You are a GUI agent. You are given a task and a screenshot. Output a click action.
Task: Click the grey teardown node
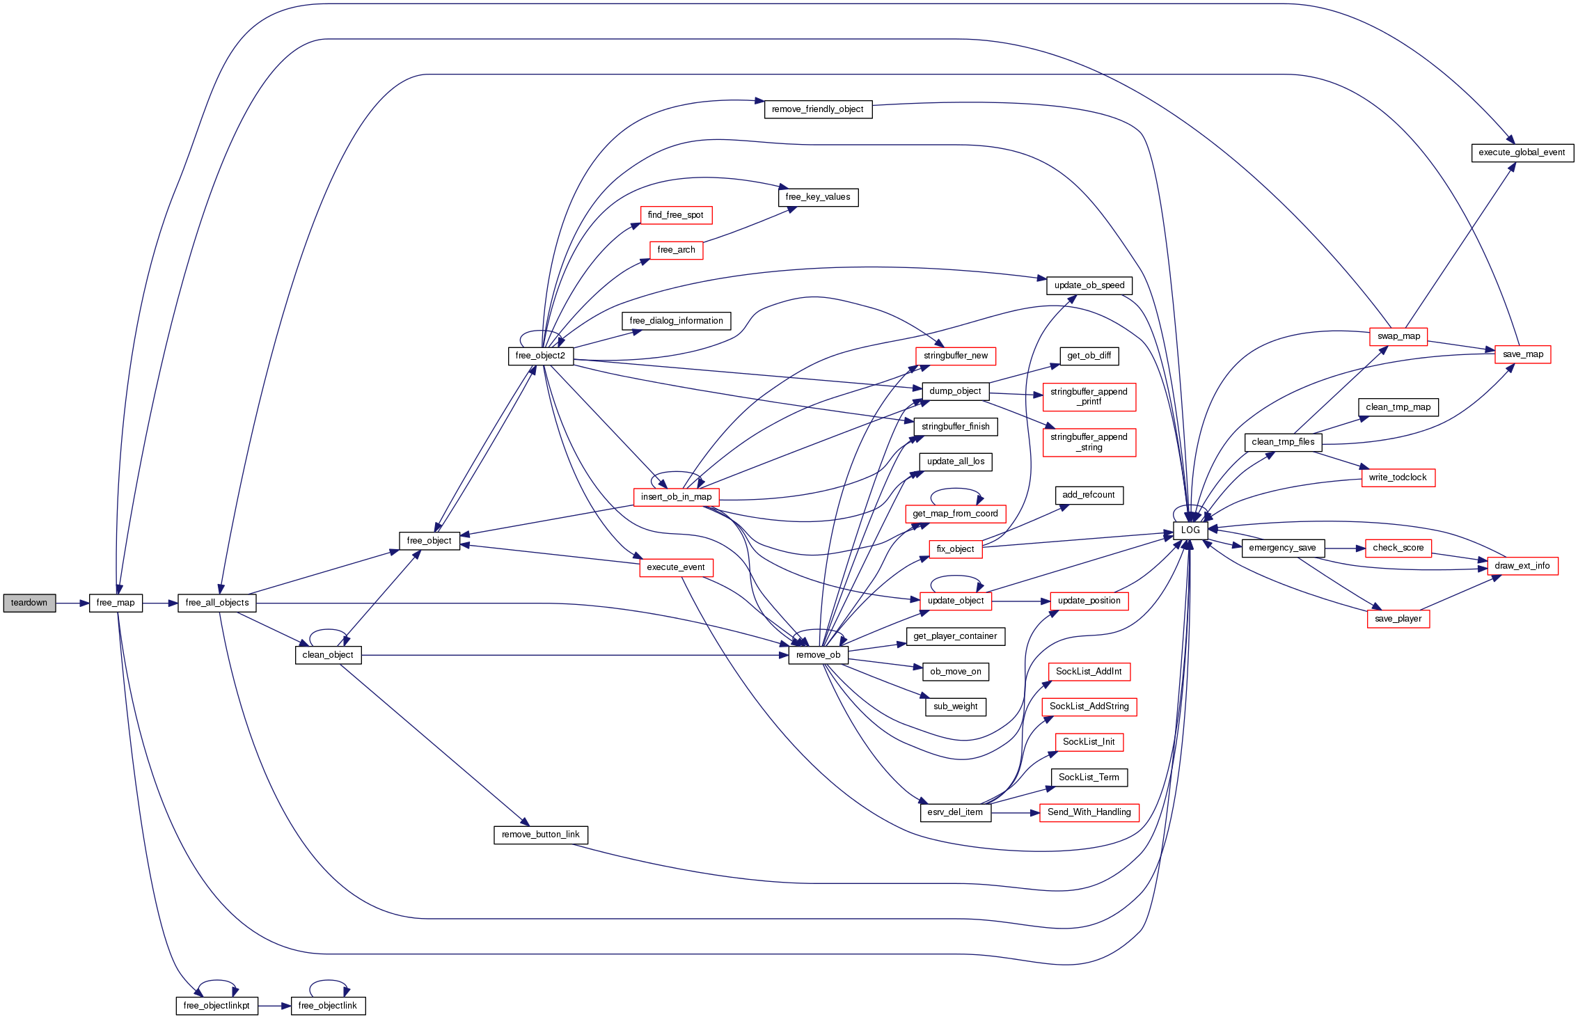(29, 603)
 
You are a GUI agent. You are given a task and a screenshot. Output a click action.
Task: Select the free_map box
(116, 603)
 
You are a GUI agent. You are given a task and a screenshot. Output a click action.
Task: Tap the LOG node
(1190, 530)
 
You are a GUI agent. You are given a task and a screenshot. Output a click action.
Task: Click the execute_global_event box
(1522, 152)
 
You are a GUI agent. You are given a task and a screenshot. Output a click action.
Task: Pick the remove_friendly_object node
(818, 109)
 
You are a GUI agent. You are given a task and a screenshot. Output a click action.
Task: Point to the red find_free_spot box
(675, 215)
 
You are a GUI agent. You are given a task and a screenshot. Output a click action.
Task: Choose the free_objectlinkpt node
(216, 1006)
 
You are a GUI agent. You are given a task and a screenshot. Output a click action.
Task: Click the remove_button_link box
(540, 835)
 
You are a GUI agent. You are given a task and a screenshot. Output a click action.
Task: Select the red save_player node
(1398, 619)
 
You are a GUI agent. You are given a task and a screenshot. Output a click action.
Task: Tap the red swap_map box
(1398, 336)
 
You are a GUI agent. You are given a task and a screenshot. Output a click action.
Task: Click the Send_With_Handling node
(1089, 812)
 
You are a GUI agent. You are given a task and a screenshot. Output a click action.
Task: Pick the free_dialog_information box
(676, 321)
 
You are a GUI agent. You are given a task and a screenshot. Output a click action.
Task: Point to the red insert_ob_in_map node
(676, 497)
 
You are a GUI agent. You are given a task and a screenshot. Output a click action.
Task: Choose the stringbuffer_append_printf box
(1089, 397)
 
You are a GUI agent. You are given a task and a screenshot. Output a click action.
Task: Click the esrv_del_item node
(955, 812)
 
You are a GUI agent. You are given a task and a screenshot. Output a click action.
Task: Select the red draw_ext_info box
(1522, 566)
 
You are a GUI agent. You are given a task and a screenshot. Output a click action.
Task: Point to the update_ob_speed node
(1089, 285)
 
